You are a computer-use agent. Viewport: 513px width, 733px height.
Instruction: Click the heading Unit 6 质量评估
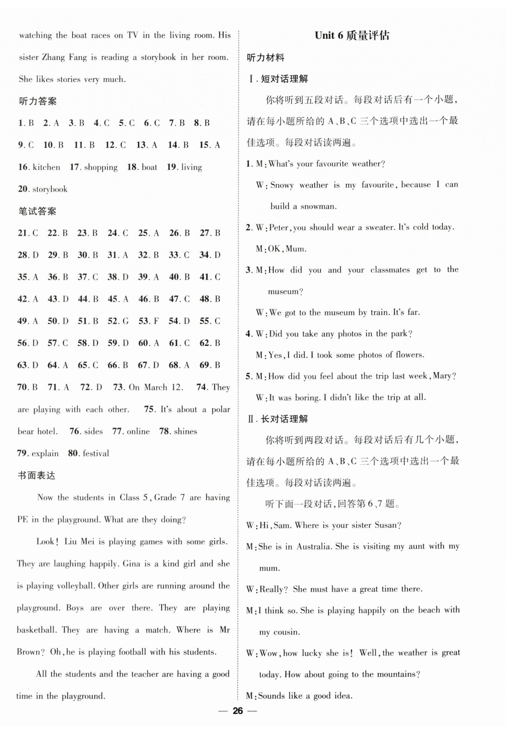coord(352,36)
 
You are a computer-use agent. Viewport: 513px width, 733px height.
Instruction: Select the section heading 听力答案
coord(38,101)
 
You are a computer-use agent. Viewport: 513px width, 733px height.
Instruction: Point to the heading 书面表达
coord(36,476)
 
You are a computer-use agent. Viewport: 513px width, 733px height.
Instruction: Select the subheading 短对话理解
coord(284,79)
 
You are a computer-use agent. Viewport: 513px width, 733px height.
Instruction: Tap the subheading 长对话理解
coord(284,419)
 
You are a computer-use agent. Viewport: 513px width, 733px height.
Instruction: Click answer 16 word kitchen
coord(46,167)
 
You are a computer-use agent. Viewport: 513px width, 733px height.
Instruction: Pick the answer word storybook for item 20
coord(50,189)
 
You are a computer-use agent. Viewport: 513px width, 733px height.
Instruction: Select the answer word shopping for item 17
coord(101,167)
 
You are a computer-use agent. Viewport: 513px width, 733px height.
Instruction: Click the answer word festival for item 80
coord(96,453)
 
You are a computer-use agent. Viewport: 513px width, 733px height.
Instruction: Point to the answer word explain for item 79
coord(45,454)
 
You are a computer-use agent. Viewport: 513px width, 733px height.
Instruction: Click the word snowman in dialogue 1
coord(318,206)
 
